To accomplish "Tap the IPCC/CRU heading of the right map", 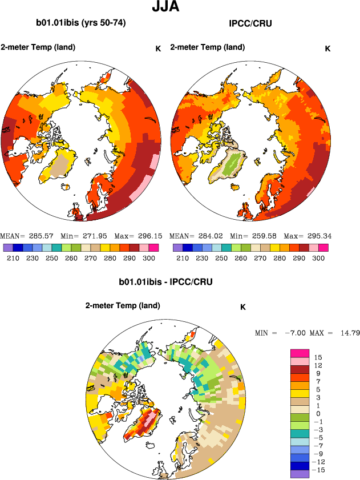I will pos(250,24).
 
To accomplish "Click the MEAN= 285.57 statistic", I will pos(23,236).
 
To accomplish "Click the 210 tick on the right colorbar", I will pos(182,258).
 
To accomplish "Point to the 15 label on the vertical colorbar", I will pos(318,357).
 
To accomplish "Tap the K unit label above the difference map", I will pos(242,306).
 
